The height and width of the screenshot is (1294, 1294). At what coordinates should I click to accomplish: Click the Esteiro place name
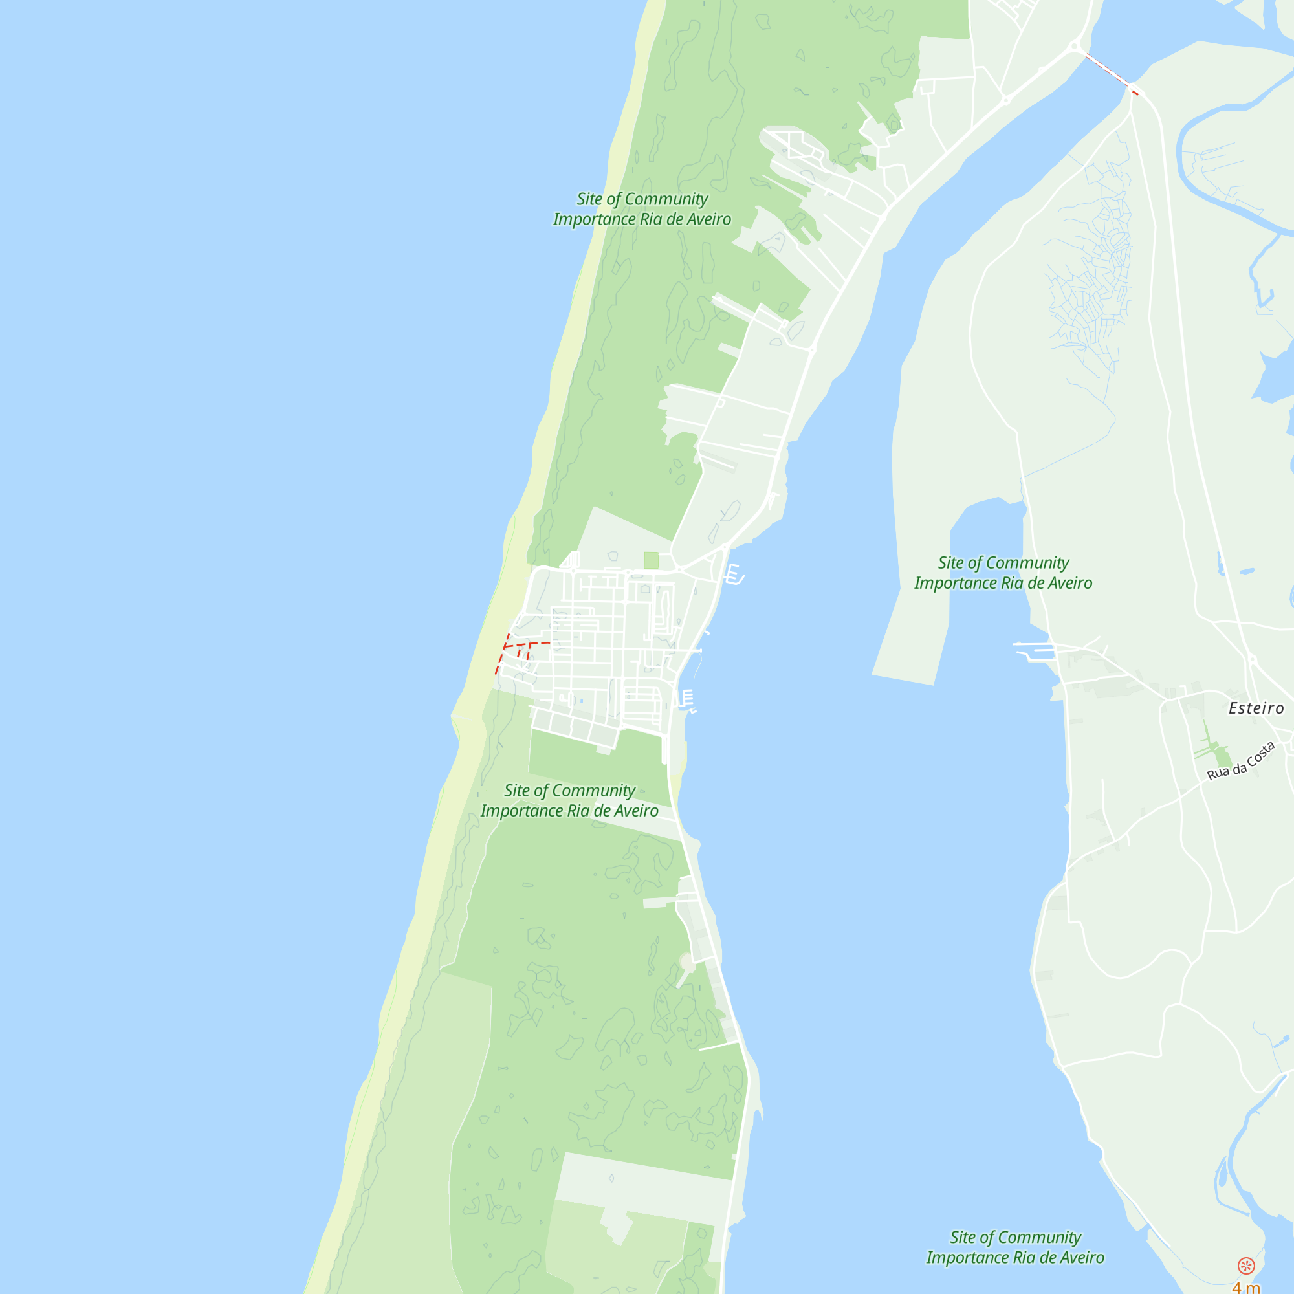click(x=1256, y=708)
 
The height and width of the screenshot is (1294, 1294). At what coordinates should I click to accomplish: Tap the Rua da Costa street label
click(x=1240, y=762)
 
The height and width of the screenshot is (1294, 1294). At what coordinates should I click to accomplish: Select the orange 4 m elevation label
click(x=1245, y=1287)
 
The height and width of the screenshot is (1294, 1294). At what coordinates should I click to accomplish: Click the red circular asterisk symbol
click(x=1245, y=1265)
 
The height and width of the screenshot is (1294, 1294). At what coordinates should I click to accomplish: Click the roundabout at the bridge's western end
click(x=1075, y=46)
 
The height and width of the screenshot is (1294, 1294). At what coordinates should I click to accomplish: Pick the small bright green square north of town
click(x=651, y=560)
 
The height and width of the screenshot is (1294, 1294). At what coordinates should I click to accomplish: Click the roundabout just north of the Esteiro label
click(x=1252, y=660)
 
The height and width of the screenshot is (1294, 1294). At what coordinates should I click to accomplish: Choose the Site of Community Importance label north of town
click(x=642, y=209)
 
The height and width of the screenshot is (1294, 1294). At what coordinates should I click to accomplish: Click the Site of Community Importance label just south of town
click(x=569, y=800)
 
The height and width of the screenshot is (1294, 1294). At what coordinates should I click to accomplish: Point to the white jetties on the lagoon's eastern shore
click(x=1035, y=650)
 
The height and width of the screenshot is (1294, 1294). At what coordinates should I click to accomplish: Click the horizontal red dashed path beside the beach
click(x=528, y=644)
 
